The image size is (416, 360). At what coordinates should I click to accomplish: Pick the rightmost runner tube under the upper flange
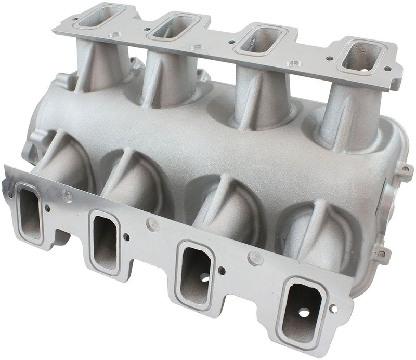[x=344, y=117]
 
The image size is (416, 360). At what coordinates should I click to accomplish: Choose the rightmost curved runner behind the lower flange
[x=312, y=234]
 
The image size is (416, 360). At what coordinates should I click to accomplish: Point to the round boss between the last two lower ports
[x=254, y=256]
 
